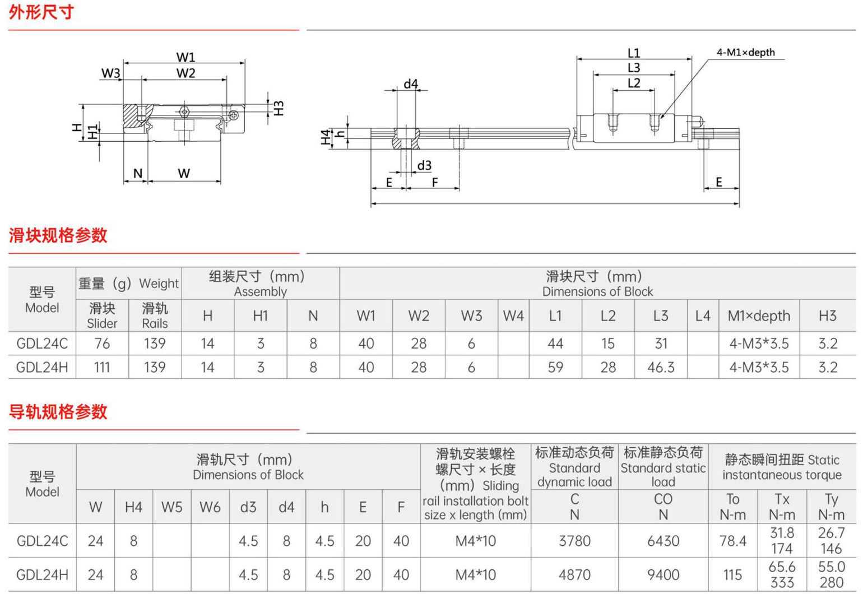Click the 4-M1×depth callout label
[x=745, y=52]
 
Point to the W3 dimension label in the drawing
[x=110, y=73]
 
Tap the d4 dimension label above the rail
[x=411, y=83]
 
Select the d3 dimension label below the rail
[x=424, y=165]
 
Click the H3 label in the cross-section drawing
[x=279, y=108]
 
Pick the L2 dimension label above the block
[x=634, y=83]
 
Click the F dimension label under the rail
[x=435, y=182]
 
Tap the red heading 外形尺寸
[x=41, y=12]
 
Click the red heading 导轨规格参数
[x=58, y=411]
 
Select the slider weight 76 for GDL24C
[x=102, y=343]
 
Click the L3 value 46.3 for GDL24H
[x=661, y=367]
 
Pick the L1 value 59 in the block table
[x=555, y=367]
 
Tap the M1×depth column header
[x=759, y=316]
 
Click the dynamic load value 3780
[x=574, y=541]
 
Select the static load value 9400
[x=663, y=575]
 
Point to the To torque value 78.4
[x=732, y=541]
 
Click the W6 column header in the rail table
[x=210, y=507]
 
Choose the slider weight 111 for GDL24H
[x=102, y=367]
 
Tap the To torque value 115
[x=732, y=575]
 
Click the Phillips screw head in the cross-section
[x=234, y=115]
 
